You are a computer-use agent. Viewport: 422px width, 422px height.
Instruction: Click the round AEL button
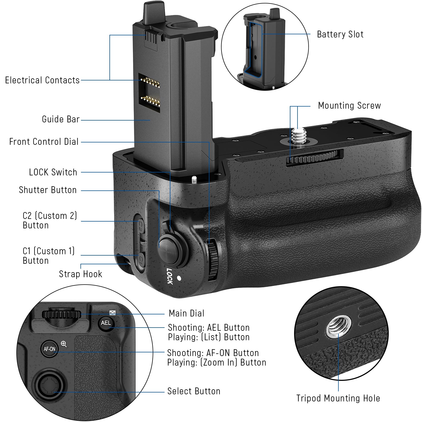tap(106, 323)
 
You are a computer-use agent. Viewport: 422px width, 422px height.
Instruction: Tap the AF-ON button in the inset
tap(50, 349)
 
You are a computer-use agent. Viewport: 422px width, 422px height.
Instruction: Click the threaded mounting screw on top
tap(298, 135)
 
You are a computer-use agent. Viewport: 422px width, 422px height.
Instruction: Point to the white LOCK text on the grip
tap(170, 276)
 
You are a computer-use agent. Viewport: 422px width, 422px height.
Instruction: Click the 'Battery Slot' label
tap(340, 34)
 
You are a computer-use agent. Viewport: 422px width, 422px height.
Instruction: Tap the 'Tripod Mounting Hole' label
tap(338, 398)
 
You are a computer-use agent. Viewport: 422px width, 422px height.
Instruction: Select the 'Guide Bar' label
tap(61, 119)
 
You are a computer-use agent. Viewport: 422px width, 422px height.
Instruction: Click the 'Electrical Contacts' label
tap(42, 80)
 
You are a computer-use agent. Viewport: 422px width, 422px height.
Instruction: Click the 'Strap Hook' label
tap(80, 274)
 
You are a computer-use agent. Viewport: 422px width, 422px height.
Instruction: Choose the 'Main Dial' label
tap(186, 313)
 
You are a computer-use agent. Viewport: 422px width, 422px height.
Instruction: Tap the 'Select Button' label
tap(194, 391)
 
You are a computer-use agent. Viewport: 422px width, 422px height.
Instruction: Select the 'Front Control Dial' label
tap(44, 142)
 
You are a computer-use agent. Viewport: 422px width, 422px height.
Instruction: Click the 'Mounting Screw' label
tap(349, 105)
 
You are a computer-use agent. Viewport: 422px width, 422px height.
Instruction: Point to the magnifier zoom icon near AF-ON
tap(64, 344)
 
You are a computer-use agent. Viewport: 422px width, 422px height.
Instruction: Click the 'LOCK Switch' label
tap(53, 172)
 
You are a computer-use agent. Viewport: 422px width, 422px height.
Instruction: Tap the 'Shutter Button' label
tap(48, 190)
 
